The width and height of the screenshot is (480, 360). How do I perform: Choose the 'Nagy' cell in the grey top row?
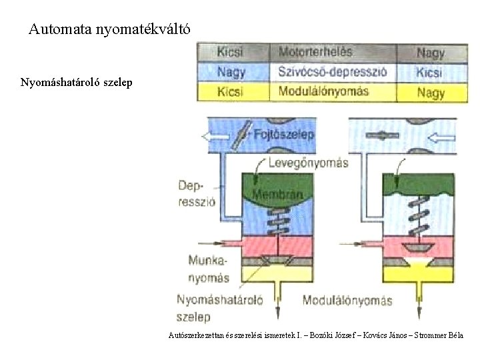pos(431,52)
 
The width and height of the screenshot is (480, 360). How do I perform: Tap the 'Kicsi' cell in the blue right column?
pos(431,72)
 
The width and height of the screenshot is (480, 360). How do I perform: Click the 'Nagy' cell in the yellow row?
pos(431,93)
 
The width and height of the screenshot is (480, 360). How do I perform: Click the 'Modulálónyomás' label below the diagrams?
pos(347,300)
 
